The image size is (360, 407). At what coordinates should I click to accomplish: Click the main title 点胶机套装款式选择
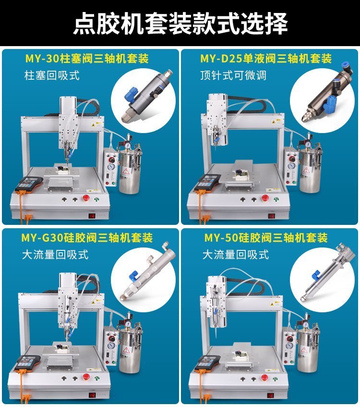[x=180, y=24]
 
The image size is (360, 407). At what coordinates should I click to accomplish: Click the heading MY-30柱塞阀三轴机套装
[x=87, y=59]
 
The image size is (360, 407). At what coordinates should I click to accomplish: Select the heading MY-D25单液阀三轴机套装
[x=266, y=59]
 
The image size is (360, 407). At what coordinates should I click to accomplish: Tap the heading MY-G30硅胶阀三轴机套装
[x=87, y=238]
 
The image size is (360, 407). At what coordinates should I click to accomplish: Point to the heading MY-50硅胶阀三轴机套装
[x=266, y=238]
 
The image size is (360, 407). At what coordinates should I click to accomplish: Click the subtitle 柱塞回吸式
[x=52, y=75]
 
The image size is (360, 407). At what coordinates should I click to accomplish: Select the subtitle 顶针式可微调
[x=233, y=75]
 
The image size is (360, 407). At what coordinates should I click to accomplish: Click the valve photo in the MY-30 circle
[x=147, y=96]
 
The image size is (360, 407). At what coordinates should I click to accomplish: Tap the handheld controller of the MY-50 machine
[x=208, y=363]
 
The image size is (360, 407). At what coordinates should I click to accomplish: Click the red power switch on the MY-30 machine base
[x=92, y=216]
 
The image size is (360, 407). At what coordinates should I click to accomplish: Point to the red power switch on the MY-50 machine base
[x=271, y=395]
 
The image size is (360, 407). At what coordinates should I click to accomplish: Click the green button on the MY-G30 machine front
[x=97, y=378]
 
